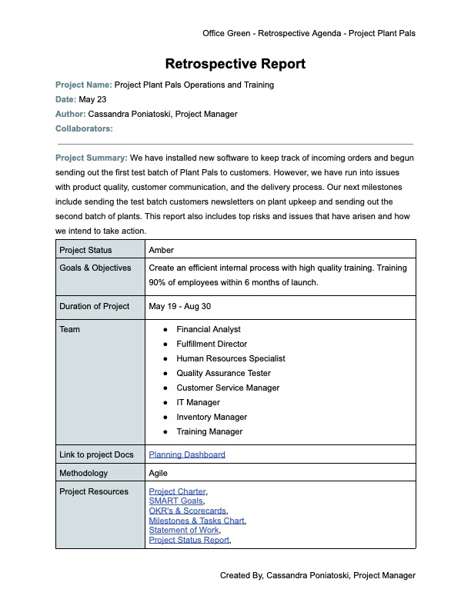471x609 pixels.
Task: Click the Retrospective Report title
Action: point(235,64)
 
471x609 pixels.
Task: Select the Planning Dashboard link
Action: point(187,454)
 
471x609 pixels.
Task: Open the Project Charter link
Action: point(177,491)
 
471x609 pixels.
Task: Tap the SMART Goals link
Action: point(175,501)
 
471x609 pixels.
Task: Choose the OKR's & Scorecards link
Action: point(188,511)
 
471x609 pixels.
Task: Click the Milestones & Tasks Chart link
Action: point(196,521)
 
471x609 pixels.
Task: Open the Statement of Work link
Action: point(184,530)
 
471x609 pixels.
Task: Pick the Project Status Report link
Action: point(189,540)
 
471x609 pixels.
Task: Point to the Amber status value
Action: point(161,250)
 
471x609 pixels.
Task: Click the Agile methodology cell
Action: point(158,473)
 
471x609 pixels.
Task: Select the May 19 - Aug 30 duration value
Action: point(180,306)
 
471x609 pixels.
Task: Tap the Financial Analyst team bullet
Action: point(208,329)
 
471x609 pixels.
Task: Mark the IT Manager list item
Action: point(198,402)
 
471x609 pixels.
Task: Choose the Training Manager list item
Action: point(209,431)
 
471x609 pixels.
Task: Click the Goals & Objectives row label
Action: point(95,268)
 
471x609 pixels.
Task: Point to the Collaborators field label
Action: point(84,128)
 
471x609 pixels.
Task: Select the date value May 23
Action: point(92,99)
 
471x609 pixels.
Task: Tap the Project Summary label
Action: point(91,158)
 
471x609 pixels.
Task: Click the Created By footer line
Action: point(317,575)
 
